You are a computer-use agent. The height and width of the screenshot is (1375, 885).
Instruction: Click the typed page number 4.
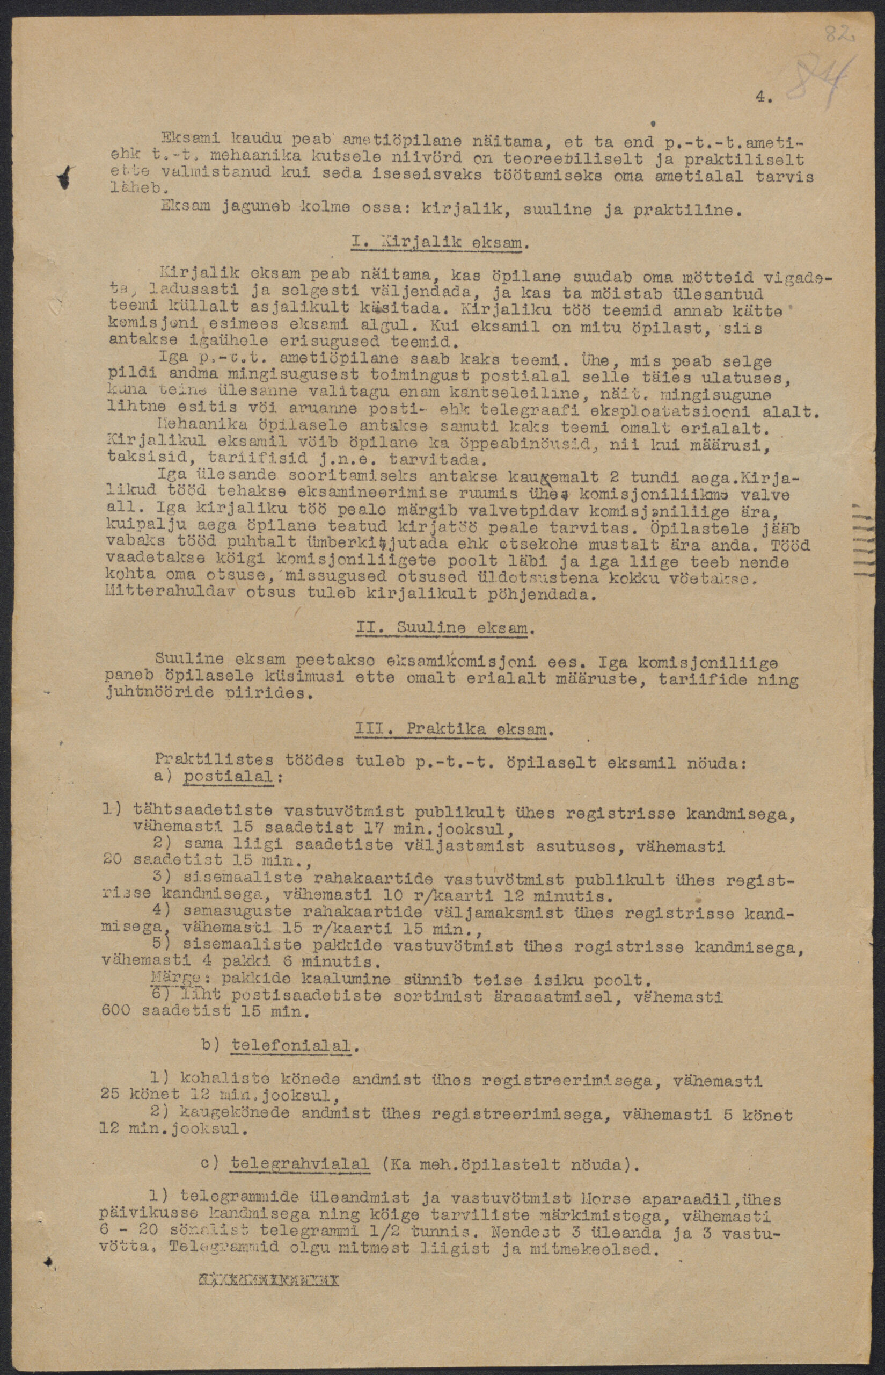[763, 98]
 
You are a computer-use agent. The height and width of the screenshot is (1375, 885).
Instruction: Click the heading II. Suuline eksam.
[445, 628]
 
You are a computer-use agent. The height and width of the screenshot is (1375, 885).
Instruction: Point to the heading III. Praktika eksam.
[454, 730]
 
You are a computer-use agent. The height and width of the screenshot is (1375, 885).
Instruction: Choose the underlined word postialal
[220, 776]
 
